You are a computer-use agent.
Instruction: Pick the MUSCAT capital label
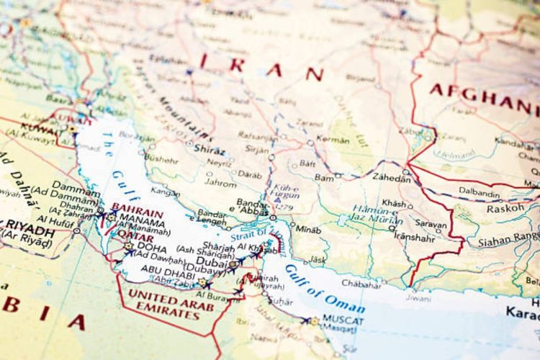(x=343, y=319)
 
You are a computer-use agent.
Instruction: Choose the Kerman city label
(x=333, y=139)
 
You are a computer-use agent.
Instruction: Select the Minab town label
(x=308, y=230)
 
